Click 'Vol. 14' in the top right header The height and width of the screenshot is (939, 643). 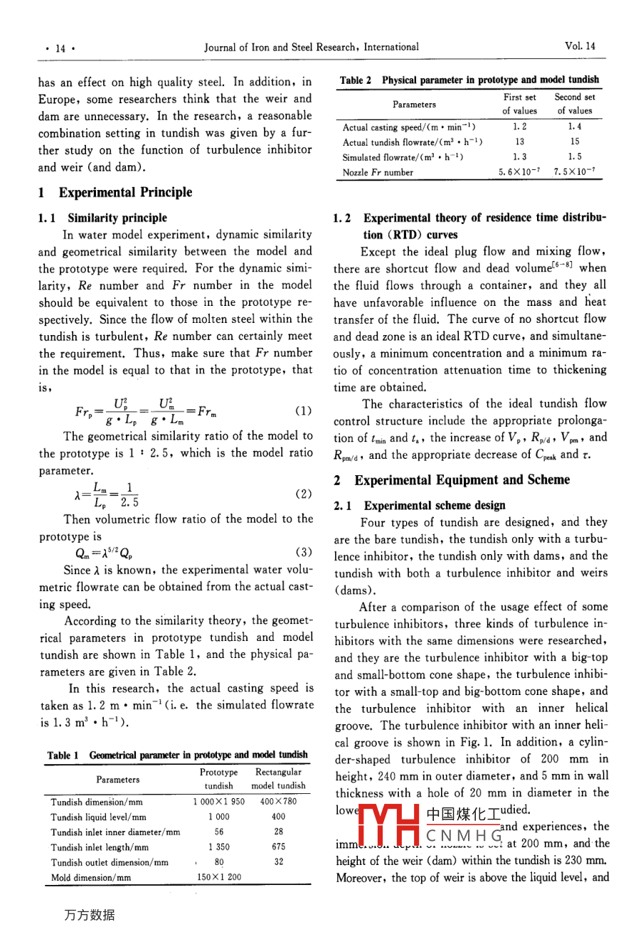click(x=580, y=46)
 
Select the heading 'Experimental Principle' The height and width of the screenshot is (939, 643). click(x=125, y=192)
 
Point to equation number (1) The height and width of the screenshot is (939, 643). click(x=302, y=410)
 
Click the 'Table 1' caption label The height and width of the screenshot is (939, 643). click(x=63, y=755)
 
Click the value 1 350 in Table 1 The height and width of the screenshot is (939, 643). click(x=219, y=847)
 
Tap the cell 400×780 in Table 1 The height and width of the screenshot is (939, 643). click(x=278, y=801)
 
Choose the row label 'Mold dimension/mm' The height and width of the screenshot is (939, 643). click(x=90, y=877)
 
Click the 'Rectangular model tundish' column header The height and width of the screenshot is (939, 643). click(x=278, y=779)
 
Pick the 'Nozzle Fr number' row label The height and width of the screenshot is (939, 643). click(x=378, y=172)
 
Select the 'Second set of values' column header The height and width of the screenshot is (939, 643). click(x=575, y=104)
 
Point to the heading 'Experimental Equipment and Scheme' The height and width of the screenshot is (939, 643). click(x=462, y=480)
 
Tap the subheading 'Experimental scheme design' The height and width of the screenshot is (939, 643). click(x=435, y=505)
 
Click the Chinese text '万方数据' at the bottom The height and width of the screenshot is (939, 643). click(x=89, y=915)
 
